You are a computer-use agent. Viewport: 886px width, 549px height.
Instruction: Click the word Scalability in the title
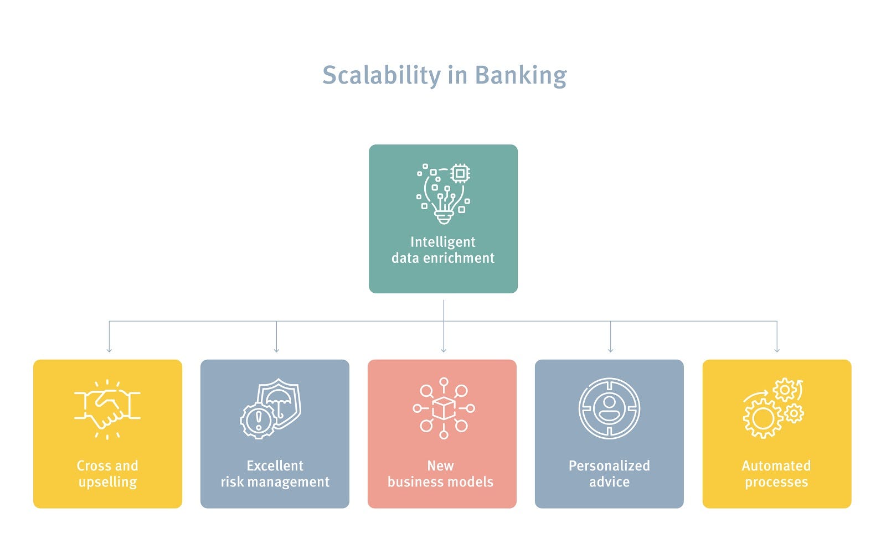381,75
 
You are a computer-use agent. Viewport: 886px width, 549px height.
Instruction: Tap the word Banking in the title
521,75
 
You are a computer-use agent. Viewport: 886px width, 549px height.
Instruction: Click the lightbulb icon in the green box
444,194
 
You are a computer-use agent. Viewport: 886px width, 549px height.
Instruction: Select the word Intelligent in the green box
443,242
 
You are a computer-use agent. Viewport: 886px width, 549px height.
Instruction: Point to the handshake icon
107,410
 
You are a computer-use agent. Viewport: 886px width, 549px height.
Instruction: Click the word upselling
107,482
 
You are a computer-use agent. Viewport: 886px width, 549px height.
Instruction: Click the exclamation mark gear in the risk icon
257,421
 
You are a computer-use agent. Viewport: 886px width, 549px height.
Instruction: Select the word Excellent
275,465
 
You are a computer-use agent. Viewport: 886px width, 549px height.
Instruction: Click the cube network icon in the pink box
443,408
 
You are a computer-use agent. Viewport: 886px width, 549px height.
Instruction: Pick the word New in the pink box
440,465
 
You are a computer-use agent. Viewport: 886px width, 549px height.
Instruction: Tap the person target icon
609,409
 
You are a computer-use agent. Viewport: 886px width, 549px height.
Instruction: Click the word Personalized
609,465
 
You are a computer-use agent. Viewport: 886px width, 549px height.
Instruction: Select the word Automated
776,465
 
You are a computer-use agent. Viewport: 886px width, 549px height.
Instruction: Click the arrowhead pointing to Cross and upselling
109,350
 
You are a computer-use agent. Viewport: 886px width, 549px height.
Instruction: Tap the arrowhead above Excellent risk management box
276,350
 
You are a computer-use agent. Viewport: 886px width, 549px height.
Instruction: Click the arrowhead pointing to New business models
444,350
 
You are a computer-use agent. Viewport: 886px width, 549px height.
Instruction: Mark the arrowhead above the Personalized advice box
610,350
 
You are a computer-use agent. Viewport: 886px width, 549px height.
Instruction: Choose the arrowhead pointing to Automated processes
777,350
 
